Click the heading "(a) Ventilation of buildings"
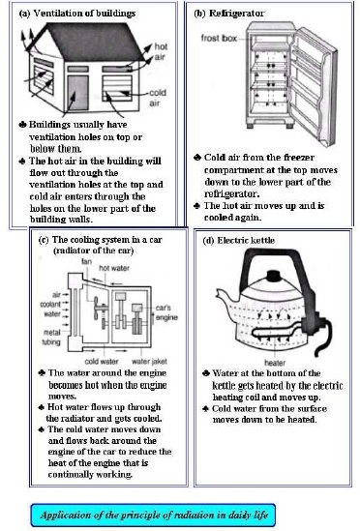pos(77,14)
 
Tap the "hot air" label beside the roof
pos(161,51)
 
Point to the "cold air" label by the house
pos(158,98)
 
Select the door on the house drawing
pos(77,93)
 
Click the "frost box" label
pos(219,39)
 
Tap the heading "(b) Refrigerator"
pos(228,14)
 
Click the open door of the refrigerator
pos(314,86)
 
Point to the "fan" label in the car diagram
pos(86,261)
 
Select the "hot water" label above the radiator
pos(114,268)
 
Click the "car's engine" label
pos(166,312)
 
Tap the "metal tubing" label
pos(52,338)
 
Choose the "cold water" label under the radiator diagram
pos(102,362)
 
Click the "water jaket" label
pos(149,362)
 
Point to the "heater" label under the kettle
pos(275,363)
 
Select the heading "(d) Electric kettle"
pos(238,241)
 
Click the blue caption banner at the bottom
pos(153,515)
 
